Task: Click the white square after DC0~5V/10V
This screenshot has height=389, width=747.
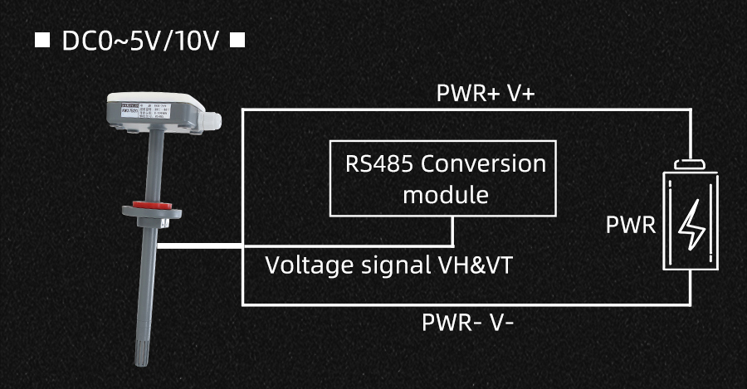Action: [237, 41]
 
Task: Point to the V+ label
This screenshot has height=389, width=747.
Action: [519, 94]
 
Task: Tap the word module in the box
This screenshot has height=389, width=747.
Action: [445, 196]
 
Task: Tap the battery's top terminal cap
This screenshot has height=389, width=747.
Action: [691, 166]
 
